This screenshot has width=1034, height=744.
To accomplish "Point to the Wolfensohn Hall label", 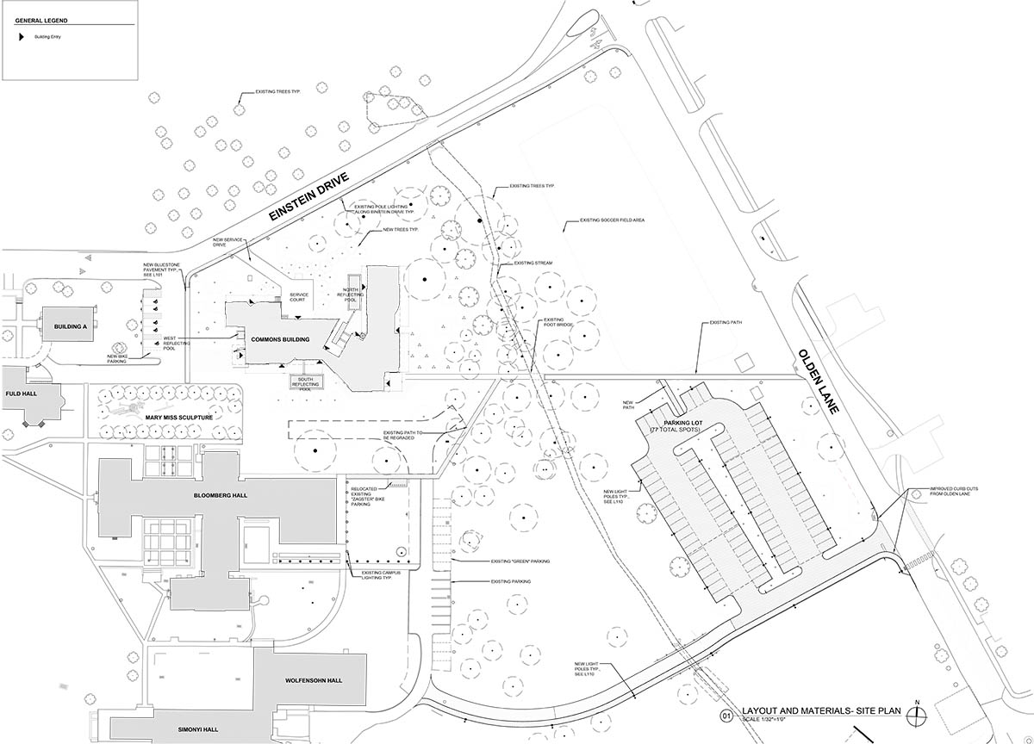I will point(314,680).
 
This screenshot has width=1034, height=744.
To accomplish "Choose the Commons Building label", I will point(274,340).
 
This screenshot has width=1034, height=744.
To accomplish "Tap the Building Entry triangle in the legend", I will point(24,37).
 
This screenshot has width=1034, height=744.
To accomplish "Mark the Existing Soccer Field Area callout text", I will point(613,220).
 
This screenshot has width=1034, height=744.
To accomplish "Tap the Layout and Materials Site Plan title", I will point(815,710).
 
